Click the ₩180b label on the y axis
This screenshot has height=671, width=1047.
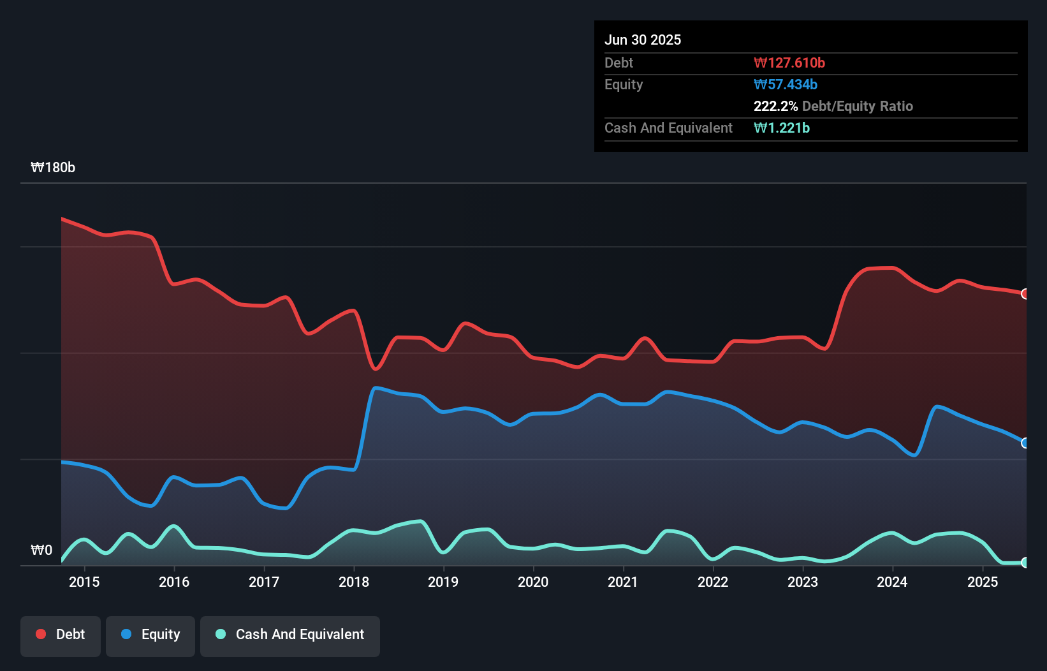click(53, 168)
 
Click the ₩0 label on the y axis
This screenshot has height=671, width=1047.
click(41, 550)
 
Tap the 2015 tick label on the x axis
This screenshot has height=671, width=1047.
click(84, 582)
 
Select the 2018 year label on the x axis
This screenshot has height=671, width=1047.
click(354, 582)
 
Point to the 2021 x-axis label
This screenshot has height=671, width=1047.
click(623, 582)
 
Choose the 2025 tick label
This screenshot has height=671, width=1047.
click(983, 582)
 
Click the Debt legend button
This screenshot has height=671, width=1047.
click(61, 635)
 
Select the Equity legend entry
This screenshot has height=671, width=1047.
click(150, 635)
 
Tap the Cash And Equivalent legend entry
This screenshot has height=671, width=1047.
click(290, 635)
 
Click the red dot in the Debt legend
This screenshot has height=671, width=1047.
click(41, 634)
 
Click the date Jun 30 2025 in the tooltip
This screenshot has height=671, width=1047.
click(643, 40)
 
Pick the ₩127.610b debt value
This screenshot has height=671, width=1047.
click(789, 63)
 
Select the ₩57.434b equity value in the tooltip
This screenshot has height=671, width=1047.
click(786, 84)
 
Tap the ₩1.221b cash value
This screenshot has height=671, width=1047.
click(782, 128)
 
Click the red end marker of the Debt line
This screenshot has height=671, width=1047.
click(1025, 294)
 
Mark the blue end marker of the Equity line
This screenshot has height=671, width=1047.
click(1025, 443)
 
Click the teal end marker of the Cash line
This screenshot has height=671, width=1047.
click(1025, 563)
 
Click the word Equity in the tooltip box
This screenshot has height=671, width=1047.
click(624, 84)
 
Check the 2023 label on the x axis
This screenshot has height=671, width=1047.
click(803, 582)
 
